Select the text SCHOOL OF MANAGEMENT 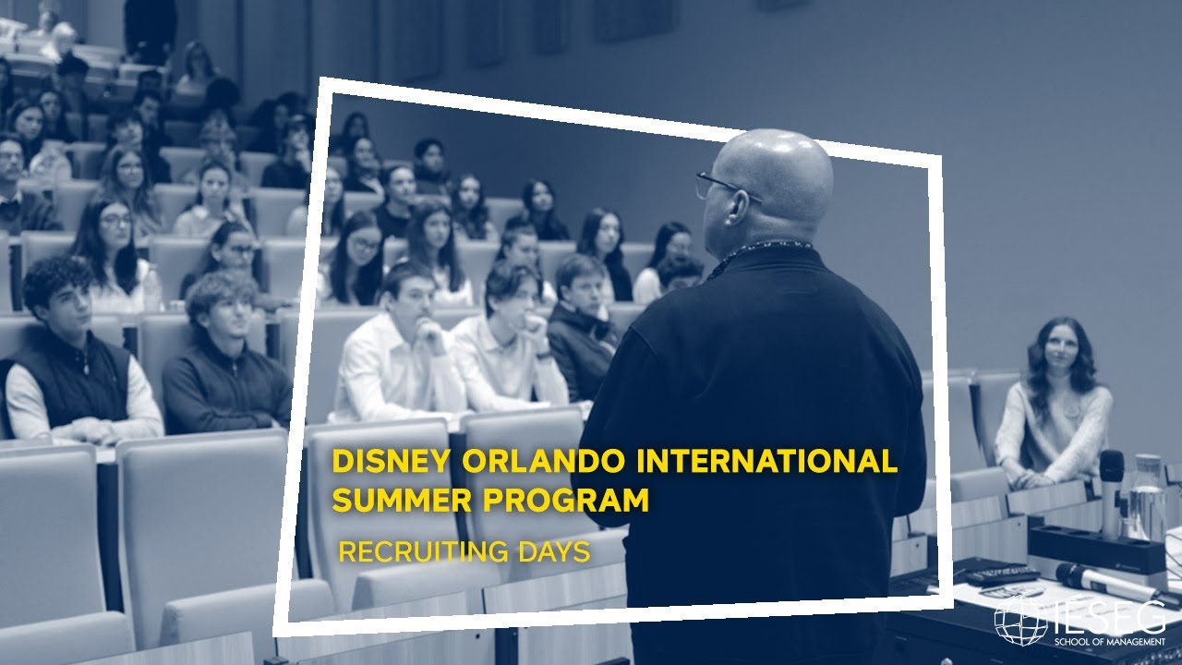(1114, 639)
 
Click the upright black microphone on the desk (1111, 490)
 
